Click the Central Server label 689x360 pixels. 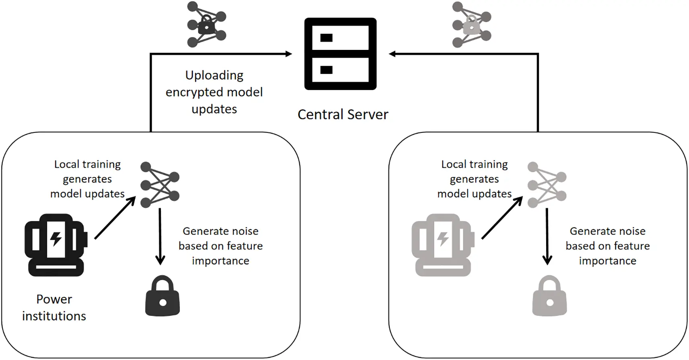click(343, 115)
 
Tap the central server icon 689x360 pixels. click(340, 54)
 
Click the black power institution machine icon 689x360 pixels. click(56, 245)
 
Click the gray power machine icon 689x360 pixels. click(443, 245)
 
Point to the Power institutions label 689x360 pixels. click(54, 308)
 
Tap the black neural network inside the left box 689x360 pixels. click(160, 185)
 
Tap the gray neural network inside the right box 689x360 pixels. click(547, 185)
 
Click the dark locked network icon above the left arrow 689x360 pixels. click(206, 25)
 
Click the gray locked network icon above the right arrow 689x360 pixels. click(471, 25)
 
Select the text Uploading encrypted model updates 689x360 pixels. click(214, 92)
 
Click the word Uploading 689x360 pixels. click(214, 75)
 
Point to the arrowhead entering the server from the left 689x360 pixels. click(288, 54)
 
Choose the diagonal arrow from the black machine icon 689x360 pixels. click(115, 218)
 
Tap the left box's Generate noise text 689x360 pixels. click(221, 246)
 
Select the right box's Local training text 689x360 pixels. click(474, 179)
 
